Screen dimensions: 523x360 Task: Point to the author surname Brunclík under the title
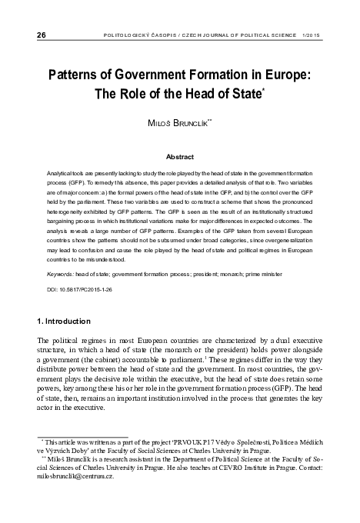[192, 123]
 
